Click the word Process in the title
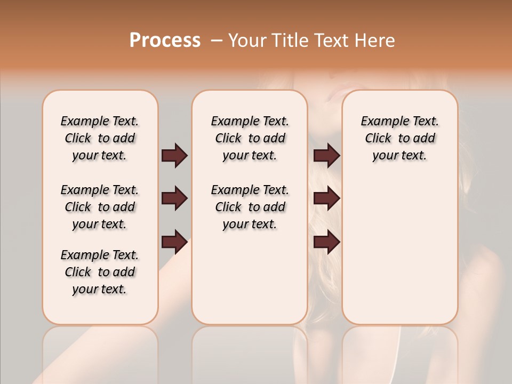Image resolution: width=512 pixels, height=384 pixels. pos(165,41)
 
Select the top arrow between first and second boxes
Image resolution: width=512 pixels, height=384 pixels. pos(174,156)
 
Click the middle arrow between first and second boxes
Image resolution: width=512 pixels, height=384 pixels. pos(174,199)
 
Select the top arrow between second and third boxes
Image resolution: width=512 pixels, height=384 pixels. pos(327,156)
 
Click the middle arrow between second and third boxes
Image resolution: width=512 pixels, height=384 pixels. pos(327,199)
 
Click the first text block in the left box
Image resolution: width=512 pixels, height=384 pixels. pos(100,138)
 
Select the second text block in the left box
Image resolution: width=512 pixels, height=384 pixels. pos(100,207)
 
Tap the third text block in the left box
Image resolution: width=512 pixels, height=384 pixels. pos(100,272)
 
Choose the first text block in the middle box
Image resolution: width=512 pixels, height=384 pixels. pos(250,138)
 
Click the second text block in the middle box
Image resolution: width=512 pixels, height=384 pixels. pos(250,207)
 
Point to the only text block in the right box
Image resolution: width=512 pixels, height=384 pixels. pos(399,138)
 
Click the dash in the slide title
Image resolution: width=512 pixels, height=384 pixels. pos(217,41)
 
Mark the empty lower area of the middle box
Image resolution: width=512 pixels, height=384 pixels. pos(250,277)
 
